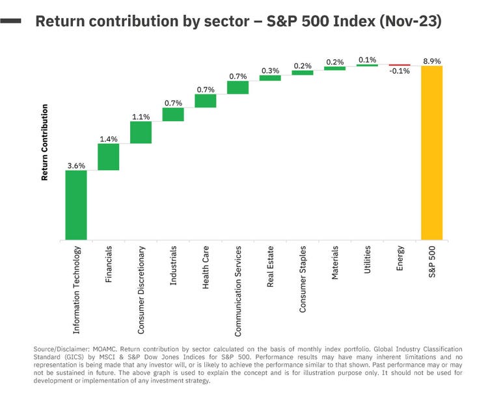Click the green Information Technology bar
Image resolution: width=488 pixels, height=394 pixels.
[x=76, y=205]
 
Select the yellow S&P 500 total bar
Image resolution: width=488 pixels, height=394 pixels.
[x=431, y=152]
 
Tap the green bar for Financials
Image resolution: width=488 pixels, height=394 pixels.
[x=108, y=156]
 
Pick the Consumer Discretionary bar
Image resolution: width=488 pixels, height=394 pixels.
[x=141, y=132]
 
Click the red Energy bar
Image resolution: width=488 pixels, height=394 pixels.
[x=399, y=65]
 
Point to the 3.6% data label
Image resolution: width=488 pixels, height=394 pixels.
[x=76, y=165]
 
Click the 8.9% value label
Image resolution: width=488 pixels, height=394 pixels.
[x=431, y=61]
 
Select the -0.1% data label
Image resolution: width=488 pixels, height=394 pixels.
[x=399, y=72]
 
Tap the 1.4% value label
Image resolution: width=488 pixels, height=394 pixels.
[x=108, y=139]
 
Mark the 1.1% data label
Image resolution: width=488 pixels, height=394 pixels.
[x=141, y=117]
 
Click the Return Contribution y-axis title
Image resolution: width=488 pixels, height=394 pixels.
[x=45, y=142]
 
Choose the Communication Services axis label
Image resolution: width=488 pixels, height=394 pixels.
[x=238, y=290]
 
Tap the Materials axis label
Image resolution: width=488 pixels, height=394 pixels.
[x=335, y=262]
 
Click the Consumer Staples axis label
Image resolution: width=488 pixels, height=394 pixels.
[x=303, y=279]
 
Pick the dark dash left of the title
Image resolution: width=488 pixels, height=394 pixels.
[x=11, y=21]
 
